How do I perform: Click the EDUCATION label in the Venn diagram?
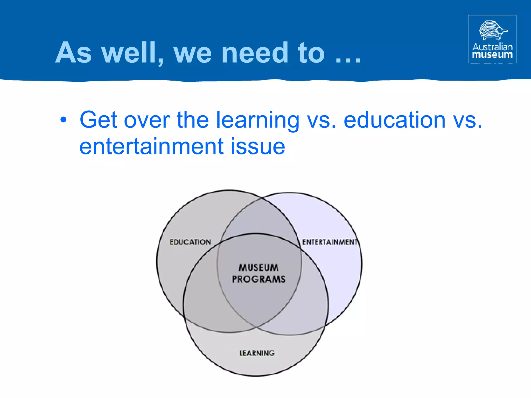click(190, 242)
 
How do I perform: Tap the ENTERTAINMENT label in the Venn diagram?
click(330, 242)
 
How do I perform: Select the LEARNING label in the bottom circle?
click(257, 353)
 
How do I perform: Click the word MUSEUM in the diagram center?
click(258, 267)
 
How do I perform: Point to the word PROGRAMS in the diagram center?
click(258, 279)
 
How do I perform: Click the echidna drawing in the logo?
click(492, 30)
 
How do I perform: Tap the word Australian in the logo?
click(492, 47)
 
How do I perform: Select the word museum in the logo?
click(492, 55)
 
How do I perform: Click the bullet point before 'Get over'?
click(63, 120)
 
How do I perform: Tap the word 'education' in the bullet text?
click(394, 120)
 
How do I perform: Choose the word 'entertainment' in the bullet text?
click(151, 147)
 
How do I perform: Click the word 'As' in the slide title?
click(74, 53)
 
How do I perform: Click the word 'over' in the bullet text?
click(147, 120)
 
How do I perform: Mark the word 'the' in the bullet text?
click(193, 120)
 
